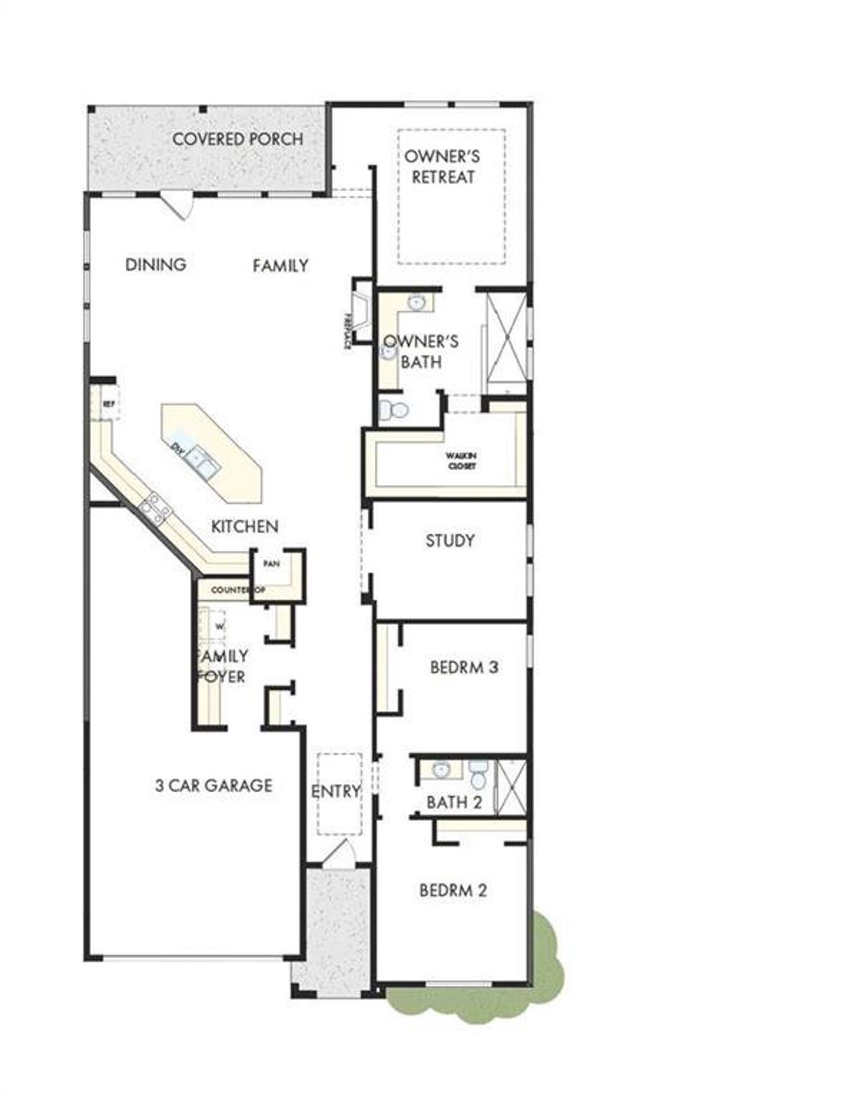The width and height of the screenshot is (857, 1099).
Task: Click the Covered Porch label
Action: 238,139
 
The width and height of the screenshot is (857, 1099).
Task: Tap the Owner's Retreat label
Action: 443,167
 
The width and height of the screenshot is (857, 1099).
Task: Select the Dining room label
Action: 156,265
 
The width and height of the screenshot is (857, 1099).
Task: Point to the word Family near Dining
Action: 281,266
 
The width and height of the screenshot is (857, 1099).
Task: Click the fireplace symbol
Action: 362,313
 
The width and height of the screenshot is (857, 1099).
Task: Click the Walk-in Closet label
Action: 461,461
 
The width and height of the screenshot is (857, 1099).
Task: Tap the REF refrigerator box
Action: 108,404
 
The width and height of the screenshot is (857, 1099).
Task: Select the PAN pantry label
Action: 271,564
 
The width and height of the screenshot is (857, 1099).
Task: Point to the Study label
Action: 450,540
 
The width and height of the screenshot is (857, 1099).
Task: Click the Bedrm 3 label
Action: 464,667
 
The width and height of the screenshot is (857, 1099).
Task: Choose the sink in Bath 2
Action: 441,770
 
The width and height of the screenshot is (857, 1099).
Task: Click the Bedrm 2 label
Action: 453,891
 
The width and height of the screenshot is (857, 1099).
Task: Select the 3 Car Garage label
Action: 214,785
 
